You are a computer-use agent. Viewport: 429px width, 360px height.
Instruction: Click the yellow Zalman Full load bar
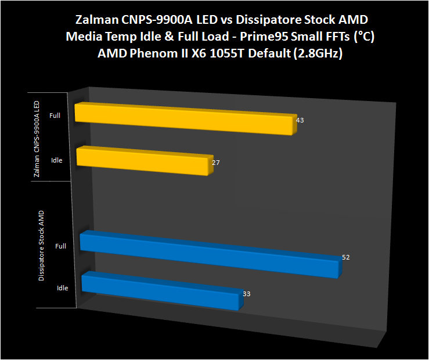186,120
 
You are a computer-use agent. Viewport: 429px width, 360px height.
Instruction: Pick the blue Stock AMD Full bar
209,254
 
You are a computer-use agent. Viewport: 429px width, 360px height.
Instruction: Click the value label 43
300,121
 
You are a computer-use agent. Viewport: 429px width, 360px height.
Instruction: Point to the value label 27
216,163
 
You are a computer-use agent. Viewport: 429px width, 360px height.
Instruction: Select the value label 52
346,257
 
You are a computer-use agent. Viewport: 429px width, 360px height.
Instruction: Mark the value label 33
247,294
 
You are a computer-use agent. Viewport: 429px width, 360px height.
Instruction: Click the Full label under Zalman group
55,116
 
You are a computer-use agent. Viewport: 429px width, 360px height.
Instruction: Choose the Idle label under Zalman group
56,160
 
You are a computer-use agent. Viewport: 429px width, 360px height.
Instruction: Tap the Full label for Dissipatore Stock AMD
60,246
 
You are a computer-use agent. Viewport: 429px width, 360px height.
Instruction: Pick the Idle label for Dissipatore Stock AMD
63,287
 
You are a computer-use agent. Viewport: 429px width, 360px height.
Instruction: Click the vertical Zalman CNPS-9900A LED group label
37,139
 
